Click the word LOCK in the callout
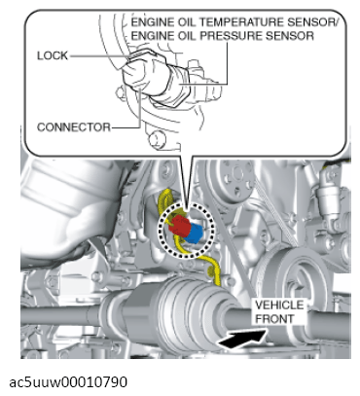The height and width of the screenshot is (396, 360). (x=53, y=55)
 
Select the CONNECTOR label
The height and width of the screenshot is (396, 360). (x=74, y=127)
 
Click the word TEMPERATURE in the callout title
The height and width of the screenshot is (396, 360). (x=241, y=22)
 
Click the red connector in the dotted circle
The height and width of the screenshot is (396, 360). (x=179, y=226)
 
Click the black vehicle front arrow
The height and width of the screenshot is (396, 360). (x=242, y=340)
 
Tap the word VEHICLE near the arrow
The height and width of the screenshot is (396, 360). (x=279, y=306)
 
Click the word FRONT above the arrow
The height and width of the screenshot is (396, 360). (x=274, y=319)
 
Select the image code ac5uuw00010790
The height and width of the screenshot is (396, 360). (x=68, y=382)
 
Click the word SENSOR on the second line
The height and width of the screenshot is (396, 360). (x=290, y=36)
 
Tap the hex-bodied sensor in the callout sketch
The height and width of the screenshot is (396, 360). (x=172, y=84)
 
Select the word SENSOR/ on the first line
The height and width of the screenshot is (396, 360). (x=312, y=22)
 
